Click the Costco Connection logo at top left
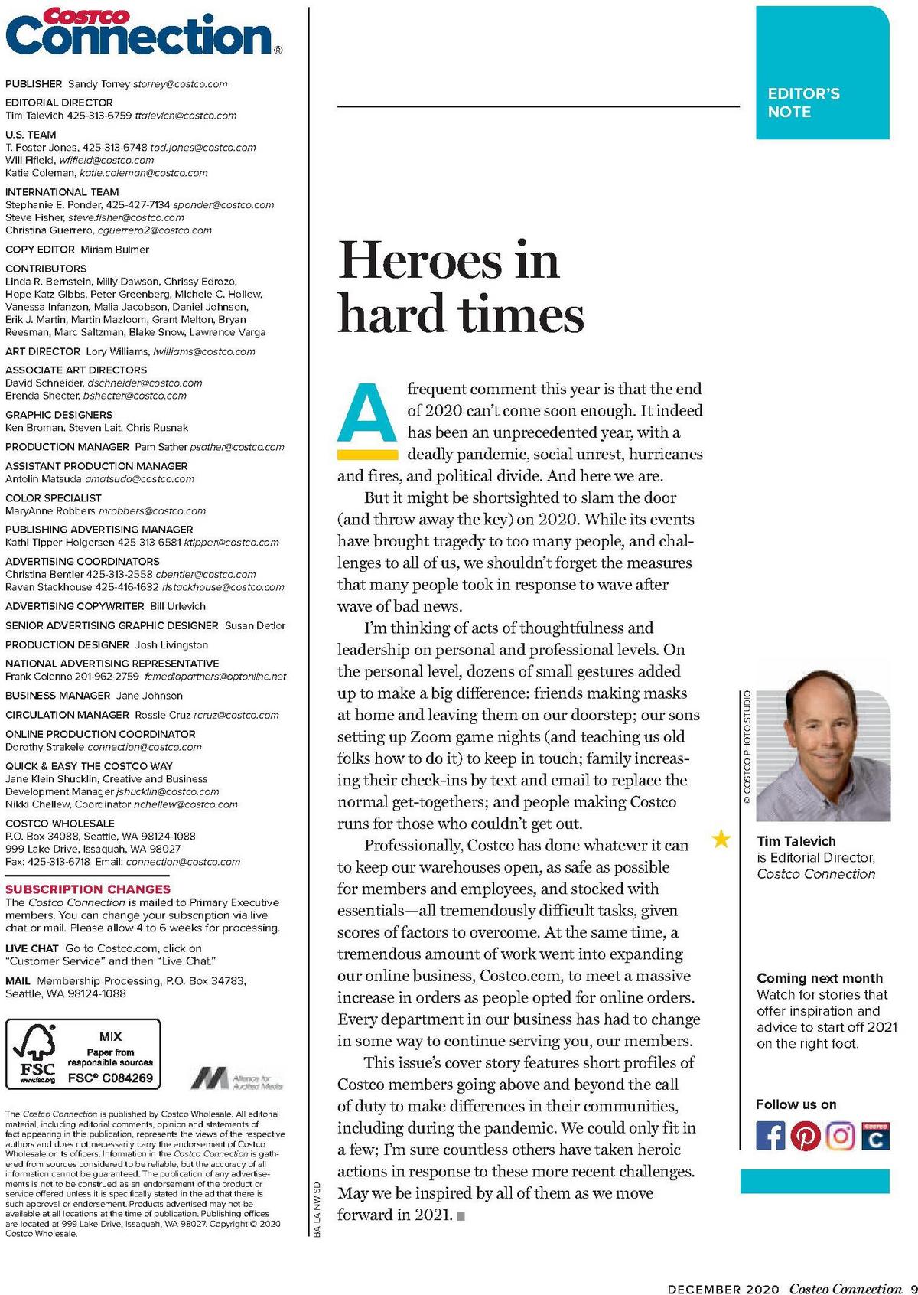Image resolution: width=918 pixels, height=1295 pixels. pos(142,32)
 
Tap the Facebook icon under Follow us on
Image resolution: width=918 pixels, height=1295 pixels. pos(770,1135)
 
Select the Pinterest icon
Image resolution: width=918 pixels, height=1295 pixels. pos(805,1135)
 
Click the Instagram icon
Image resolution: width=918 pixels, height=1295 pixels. pos(840,1135)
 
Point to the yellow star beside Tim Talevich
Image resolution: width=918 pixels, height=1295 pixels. pos(721,840)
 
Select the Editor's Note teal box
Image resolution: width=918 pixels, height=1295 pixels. pos(822,73)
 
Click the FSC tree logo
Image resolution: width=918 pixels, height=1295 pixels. pos(37,1053)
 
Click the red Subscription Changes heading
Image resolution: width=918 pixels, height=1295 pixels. pos(88,889)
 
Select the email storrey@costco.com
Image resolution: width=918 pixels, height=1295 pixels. pos(181,84)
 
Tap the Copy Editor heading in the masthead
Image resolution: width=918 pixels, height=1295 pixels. pos(40,250)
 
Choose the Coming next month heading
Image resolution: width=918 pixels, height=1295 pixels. pos(819,978)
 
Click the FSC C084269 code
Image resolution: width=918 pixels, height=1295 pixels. pos(110,1078)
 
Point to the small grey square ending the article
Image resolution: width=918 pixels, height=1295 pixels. pos(461,1215)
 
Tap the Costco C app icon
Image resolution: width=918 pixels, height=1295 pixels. pos(875,1136)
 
